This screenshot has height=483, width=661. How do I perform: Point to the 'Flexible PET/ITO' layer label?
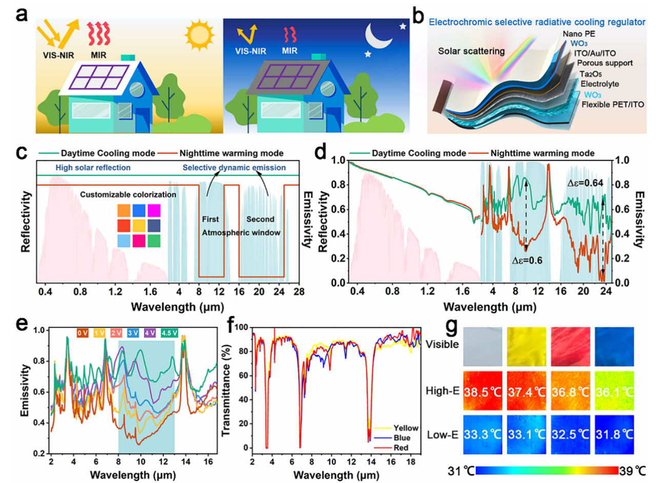[613, 104]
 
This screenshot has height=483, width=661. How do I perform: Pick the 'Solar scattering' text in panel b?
[471, 51]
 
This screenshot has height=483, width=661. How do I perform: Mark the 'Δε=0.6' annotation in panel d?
[527, 260]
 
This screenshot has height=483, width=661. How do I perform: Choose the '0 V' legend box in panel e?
[83, 333]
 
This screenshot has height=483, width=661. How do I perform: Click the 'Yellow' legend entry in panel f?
[405, 428]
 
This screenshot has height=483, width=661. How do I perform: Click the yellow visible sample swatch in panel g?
[526, 347]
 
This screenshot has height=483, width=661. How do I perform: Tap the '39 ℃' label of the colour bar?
[633, 470]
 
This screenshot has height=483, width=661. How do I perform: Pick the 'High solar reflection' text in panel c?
[93, 168]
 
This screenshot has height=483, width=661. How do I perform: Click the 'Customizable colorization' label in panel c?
[128, 195]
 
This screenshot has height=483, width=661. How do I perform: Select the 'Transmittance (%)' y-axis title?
[226, 389]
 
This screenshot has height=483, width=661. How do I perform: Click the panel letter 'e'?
[22, 325]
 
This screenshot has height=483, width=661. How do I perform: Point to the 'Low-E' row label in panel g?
[442, 435]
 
